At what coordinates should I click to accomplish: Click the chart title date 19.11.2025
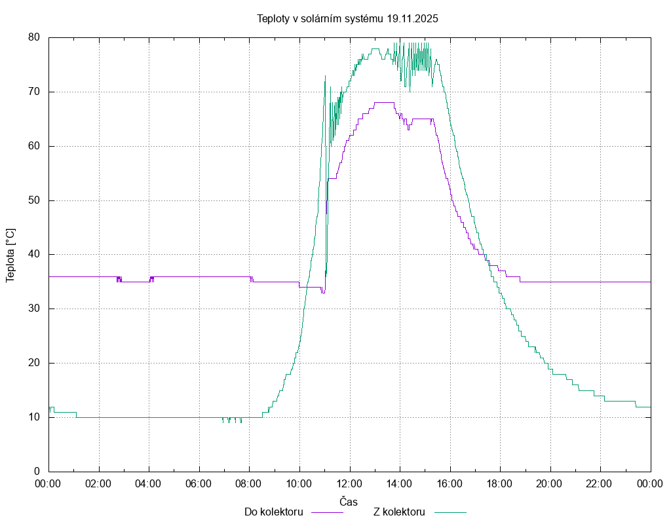coord(412,19)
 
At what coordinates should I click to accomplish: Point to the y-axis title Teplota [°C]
coord(10,255)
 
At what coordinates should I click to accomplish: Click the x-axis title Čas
coord(349,502)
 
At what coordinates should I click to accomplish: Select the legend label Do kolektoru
coord(273,512)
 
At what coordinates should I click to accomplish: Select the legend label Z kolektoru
coord(399,512)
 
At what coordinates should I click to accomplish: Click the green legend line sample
coord(449,512)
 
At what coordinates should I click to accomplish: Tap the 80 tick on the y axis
coord(35,37)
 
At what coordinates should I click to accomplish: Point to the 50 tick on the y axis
coord(35,200)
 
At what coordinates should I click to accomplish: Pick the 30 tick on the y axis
coord(35,309)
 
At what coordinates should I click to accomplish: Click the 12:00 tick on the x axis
coord(349,483)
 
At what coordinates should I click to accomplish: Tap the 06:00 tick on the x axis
coord(199,483)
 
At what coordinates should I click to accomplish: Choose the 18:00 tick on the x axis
coord(500,483)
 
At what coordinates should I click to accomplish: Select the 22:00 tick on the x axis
coord(600,483)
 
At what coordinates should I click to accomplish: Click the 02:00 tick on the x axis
coord(98,483)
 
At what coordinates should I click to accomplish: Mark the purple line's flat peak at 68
coord(383,102)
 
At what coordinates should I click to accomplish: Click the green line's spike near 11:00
coord(325,76)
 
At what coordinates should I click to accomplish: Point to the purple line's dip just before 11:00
coord(322,292)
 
